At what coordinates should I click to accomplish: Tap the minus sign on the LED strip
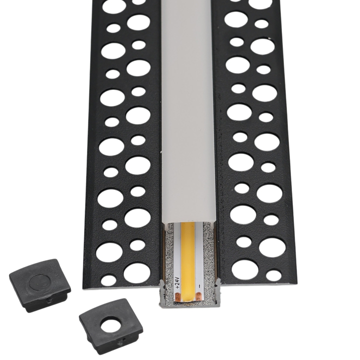click(199, 286)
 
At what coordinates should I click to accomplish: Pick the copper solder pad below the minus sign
click(198, 296)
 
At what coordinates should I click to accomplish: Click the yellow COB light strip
click(188, 261)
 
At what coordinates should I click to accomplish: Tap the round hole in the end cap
click(111, 325)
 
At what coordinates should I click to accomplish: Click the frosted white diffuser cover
click(188, 110)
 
